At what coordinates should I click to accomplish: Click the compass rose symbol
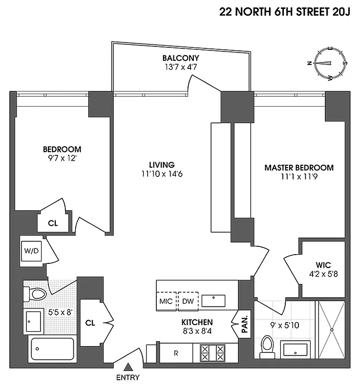coord(330,64)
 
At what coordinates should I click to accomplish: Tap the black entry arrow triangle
coord(128,367)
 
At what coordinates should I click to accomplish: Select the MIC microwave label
coord(166,301)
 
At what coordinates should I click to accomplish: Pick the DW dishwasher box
coord(188,301)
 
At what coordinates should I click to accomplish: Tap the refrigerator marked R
coord(176,353)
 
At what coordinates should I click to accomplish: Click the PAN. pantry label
coord(245,323)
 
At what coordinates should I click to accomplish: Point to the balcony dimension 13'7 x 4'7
coord(181,67)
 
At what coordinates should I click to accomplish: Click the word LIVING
coord(162,165)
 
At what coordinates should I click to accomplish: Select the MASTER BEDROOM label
coord(299,168)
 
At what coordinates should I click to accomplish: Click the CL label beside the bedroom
coord(53,223)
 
